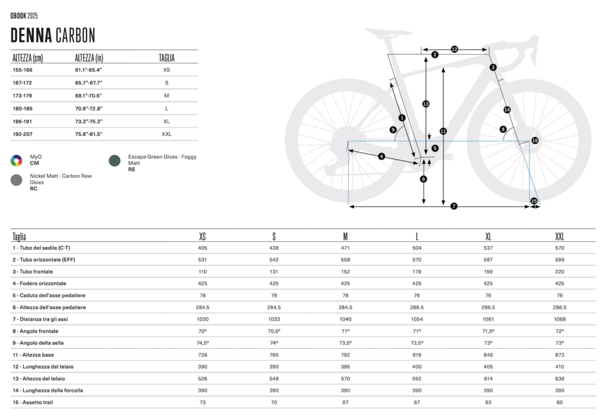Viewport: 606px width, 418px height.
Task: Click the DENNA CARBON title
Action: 53,35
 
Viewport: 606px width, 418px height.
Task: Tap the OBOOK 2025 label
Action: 24,16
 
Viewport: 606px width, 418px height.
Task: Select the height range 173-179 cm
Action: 22,96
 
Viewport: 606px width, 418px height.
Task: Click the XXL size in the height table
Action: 166,134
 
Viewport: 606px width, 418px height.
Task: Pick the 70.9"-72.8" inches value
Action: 89,108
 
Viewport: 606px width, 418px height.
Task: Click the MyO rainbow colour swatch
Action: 16,161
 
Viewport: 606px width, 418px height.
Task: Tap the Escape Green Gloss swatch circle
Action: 114,161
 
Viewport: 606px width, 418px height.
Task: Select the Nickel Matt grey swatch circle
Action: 16,180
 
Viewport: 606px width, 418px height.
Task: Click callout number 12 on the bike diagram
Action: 454,50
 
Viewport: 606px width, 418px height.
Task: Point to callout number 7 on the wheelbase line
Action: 454,206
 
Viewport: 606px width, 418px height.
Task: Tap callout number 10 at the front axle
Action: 535,141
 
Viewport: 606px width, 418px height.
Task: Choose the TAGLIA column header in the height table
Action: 166,58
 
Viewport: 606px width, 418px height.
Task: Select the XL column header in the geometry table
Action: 488,236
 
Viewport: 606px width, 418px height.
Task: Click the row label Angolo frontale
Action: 35,331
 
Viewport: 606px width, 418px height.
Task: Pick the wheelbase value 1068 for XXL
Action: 560,319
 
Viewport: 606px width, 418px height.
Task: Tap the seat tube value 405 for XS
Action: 202,248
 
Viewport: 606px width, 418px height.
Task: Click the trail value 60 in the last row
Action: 560,402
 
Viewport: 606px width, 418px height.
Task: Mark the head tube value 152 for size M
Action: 346,272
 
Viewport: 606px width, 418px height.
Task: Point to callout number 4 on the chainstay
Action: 382,156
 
